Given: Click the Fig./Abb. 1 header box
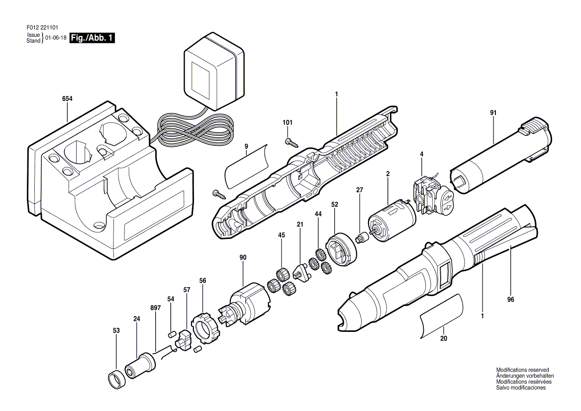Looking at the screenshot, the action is point(92,38).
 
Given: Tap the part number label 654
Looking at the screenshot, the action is point(68,99).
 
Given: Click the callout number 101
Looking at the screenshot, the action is point(288,122).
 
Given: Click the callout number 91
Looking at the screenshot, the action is point(493,112).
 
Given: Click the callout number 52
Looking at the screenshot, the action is point(335,204).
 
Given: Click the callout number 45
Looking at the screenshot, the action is point(282,235).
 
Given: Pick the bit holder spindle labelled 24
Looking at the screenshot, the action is point(141,367).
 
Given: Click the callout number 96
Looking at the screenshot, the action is point(510,300).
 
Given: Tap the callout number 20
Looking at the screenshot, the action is point(444,338).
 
